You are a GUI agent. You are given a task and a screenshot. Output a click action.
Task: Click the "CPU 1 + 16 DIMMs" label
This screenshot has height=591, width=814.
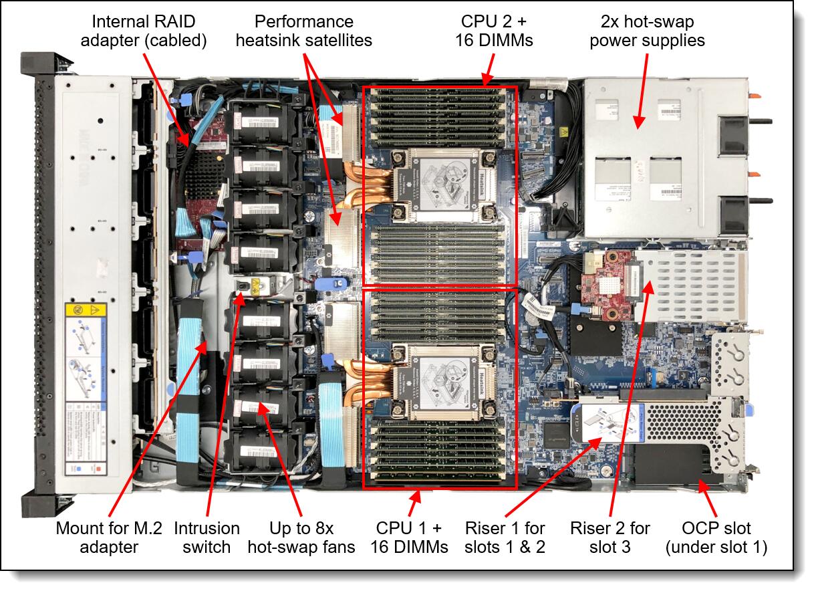(x=409, y=538)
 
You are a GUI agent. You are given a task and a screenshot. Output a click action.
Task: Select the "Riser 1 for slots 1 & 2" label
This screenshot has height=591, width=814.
(x=505, y=538)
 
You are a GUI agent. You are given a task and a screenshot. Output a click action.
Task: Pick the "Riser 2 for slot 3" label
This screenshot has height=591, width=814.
(x=609, y=538)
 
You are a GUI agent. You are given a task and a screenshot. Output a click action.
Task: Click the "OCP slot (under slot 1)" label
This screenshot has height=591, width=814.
(x=716, y=538)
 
